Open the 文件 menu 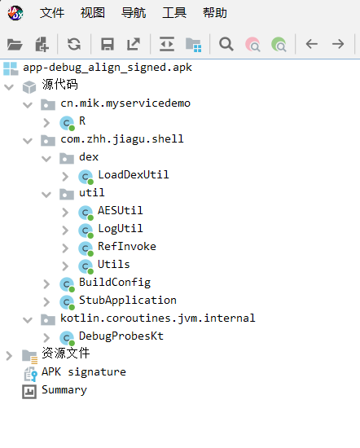click(x=52, y=13)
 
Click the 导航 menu click(x=134, y=13)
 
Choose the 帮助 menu click(x=215, y=13)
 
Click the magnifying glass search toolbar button click(x=226, y=44)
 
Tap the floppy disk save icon click(x=108, y=44)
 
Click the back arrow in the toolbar click(x=311, y=44)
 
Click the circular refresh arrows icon click(x=74, y=44)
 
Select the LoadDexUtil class click(x=133, y=174)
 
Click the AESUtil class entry click(x=120, y=211)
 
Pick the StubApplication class click(x=128, y=300)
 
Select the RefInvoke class click(x=127, y=246)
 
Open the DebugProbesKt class click(x=121, y=336)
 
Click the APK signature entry click(x=84, y=371)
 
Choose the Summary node click(x=64, y=390)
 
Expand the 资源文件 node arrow click(x=9, y=356)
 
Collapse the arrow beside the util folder click(x=46, y=195)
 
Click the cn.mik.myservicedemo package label click(x=125, y=103)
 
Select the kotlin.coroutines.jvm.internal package click(x=158, y=318)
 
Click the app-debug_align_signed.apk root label click(x=108, y=68)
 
